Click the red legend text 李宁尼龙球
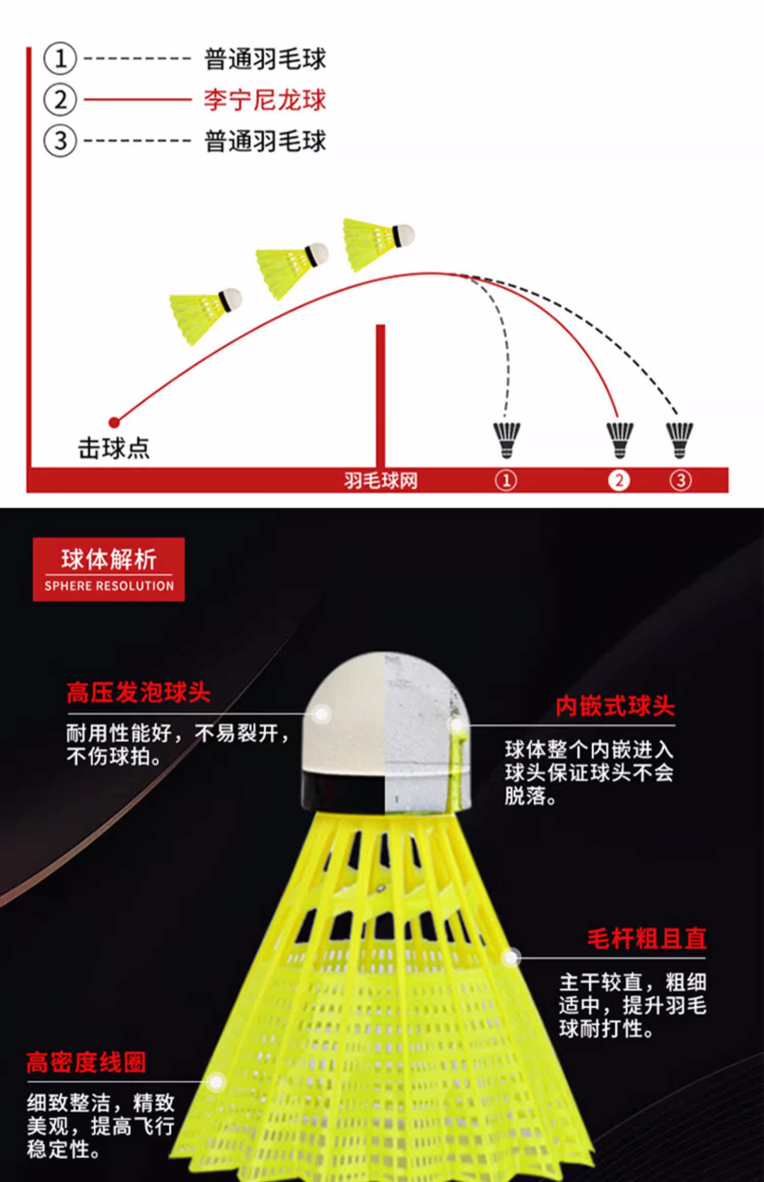pos(264,100)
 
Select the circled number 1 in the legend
pos(60,59)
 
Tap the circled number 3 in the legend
pos(60,140)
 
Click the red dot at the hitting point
pos(115,422)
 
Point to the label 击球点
pos(114,448)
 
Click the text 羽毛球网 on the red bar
pos(380,480)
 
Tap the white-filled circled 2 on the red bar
pos(619,480)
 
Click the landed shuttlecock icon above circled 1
pos(507,439)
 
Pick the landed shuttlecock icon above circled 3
pos(679,439)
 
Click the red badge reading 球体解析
pos(108,569)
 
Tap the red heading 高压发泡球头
pos(139,692)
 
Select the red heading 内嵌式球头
pos(615,706)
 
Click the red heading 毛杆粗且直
pos(646,939)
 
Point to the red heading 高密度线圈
pos(86,1062)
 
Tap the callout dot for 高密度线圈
pos(217,1082)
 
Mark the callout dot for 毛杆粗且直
pos(511,958)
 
